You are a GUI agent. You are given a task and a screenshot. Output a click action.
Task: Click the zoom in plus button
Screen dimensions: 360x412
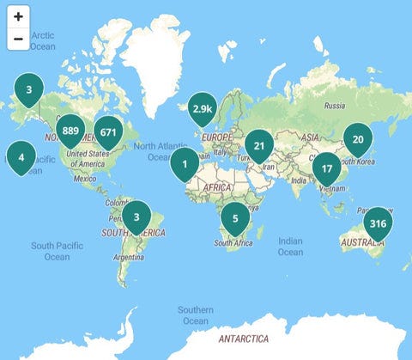click(18, 17)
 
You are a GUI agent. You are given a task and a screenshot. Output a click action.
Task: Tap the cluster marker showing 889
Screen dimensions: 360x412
click(71, 132)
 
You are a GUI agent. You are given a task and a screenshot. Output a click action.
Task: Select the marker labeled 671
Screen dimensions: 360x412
click(107, 133)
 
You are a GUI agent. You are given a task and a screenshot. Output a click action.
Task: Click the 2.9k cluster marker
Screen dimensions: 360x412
click(203, 109)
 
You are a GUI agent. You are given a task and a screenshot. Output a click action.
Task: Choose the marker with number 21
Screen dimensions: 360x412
click(258, 146)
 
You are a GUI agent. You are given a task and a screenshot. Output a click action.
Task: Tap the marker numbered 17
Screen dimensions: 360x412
click(326, 169)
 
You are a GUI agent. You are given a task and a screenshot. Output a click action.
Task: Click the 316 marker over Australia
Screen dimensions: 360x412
click(376, 224)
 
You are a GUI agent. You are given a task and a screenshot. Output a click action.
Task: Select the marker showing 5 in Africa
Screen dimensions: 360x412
click(234, 219)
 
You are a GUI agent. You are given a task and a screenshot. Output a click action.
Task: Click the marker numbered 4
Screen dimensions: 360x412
click(21, 158)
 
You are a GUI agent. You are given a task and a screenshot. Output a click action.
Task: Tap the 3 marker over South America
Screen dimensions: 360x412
click(136, 217)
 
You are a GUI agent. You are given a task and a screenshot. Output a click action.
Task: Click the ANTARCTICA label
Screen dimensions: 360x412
click(243, 339)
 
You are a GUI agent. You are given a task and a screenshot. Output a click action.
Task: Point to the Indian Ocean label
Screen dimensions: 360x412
click(290, 247)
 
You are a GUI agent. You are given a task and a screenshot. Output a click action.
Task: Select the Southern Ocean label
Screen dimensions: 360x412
click(196, 314)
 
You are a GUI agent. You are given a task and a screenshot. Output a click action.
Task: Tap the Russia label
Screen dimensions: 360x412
click(335, 106)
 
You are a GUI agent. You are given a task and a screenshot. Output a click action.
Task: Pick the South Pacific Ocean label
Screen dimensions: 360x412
click(57, 251)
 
